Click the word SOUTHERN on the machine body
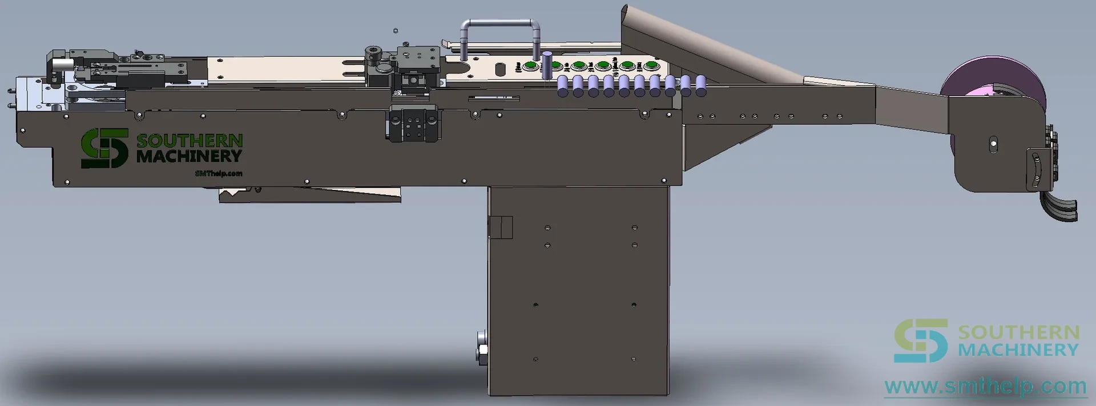190,140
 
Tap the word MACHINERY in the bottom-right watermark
1018,349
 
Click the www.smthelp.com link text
985,387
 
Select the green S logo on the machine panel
104,148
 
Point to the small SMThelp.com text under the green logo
219,173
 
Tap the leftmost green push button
531,66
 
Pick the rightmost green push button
652,66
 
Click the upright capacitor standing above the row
547,66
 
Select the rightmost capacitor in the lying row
700,86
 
